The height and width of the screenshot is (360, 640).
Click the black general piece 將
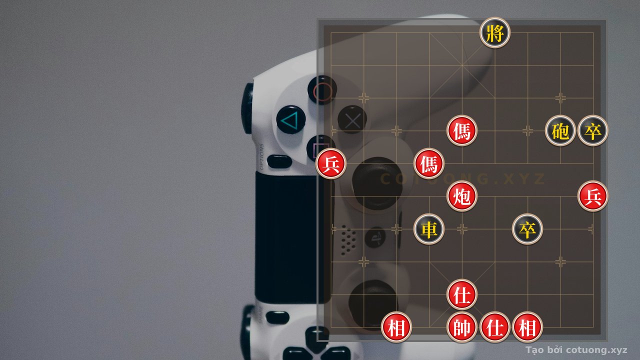tap(495, 32)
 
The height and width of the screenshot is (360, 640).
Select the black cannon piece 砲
tap(560, 131)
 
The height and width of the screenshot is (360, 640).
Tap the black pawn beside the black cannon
tap(593, 131)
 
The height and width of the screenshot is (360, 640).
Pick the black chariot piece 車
tap(429, 229)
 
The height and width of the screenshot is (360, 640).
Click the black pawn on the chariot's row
tap(527, 229)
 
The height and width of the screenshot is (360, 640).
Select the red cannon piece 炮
tap(462, 196)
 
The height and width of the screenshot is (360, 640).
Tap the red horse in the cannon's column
tap(462, 131)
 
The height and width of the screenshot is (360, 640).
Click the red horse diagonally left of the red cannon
tap(429, 163)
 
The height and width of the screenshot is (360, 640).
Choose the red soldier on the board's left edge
tap(331, 163)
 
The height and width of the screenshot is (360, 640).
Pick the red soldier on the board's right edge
tap(593, 196)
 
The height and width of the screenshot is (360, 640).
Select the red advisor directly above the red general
tap(462, 294)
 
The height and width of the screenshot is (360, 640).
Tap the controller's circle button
tap(322, 90)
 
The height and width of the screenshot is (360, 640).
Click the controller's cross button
tap(352, 120)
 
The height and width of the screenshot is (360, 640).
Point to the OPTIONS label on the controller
tap(261, 157)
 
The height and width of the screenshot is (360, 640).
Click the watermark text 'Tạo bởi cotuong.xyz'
tap(576, 350)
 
